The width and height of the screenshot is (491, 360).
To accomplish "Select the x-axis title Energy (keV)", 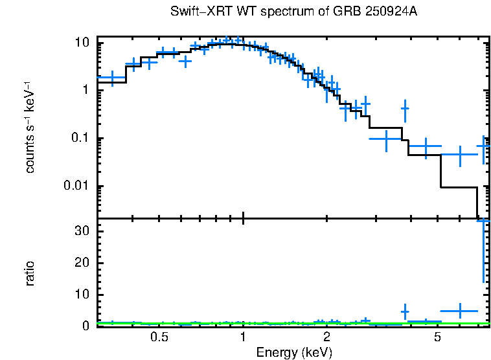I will click(294, 353).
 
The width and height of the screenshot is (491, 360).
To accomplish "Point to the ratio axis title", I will click(30, 273).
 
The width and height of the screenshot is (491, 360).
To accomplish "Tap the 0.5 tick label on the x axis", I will click(159, 337).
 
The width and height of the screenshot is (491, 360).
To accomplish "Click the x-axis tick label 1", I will click(243, 337).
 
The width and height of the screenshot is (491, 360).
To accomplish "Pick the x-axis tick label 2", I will click(326, 337).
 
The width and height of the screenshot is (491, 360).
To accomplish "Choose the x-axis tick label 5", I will click(437, 337).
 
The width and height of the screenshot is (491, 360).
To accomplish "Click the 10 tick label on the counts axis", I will click(82, 43).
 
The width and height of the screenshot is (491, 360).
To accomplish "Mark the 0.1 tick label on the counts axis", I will click(79, 139).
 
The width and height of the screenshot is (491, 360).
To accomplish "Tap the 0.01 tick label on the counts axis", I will click(76, 186).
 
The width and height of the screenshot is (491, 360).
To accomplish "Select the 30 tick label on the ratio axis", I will click(82, 231).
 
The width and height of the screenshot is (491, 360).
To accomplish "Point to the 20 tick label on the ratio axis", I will click(82, 263).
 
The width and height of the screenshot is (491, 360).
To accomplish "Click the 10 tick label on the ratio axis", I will click(82, 295).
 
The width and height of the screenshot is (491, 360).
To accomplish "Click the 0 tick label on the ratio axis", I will click(85, 326).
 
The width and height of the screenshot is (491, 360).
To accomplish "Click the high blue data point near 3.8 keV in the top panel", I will click(405, 109).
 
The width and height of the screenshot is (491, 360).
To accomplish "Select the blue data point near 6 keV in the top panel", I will click(460, 155).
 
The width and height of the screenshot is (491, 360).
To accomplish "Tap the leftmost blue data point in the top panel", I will click(113, 78).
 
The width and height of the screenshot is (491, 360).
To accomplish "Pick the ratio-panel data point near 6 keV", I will click(460, 311).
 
